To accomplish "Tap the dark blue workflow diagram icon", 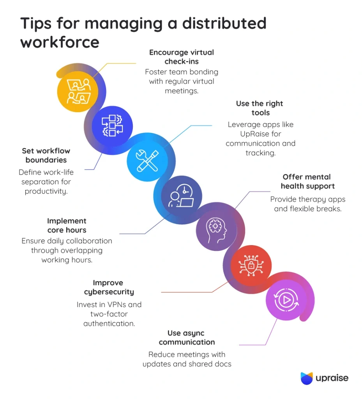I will tap(112, 126).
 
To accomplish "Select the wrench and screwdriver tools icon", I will tap(147, 161).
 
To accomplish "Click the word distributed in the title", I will tap(217, 24).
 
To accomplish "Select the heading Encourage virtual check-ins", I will tap(181, 56).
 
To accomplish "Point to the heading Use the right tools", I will tap(260, 108).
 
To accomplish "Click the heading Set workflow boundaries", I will tap(46, 155).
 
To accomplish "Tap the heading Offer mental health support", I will tap(308, 181).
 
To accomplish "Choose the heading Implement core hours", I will tap(67, 225).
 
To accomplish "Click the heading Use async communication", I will tap(187, 337).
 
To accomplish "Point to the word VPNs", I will tap(120, 304).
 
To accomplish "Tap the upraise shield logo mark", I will tap(307, 378).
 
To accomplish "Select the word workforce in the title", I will tap(60, 42).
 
